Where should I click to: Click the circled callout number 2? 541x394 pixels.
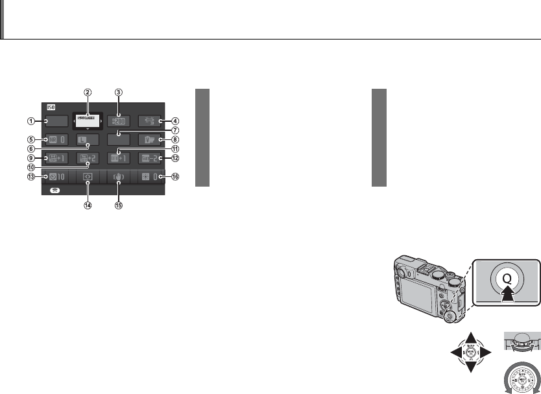point(87,92)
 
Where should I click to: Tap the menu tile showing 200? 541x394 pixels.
point(119,120)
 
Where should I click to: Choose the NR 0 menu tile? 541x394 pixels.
point(56,139)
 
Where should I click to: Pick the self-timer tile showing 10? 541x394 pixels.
point(56,176)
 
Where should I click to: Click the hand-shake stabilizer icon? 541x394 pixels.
point(119,176)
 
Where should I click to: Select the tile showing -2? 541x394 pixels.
point(150,157)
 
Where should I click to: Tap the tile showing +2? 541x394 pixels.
point(88,157)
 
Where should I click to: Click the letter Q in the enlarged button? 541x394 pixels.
point(507,281)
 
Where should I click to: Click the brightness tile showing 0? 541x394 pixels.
point(150,176)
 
